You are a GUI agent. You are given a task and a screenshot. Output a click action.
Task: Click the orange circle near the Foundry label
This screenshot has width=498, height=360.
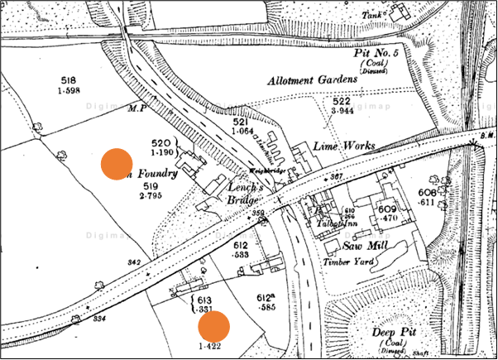click(117, 164)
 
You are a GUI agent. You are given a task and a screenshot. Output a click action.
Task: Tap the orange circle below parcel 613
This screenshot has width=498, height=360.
click(213, 325)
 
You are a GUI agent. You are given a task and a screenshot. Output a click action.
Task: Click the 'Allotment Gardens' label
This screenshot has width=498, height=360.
click(312, 80)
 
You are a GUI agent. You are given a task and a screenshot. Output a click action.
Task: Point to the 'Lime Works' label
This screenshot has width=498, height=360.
click(344, 146)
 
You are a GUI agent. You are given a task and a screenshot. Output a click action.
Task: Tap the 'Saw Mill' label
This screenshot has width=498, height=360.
click(357, 247)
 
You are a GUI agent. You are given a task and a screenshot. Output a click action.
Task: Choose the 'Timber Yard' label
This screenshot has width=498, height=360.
click(346, 262)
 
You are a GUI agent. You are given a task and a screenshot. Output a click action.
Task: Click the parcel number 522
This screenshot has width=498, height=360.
click(334, 100)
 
